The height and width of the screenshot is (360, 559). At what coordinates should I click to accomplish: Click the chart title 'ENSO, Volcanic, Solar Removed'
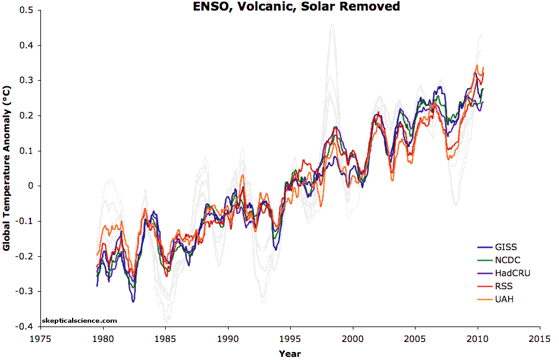(291, 7)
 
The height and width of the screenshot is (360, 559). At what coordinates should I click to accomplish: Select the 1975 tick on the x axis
(41, 339)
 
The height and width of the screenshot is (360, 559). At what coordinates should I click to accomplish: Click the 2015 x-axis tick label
(539, 339)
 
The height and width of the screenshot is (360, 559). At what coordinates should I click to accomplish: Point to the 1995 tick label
(290, 339)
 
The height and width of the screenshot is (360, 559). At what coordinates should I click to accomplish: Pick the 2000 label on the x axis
(352, 339)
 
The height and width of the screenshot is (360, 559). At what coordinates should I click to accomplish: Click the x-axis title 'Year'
(289, 353)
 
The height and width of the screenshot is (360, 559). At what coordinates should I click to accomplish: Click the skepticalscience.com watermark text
(79, 320)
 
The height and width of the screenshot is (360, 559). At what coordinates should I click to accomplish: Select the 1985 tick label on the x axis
(165, 339)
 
